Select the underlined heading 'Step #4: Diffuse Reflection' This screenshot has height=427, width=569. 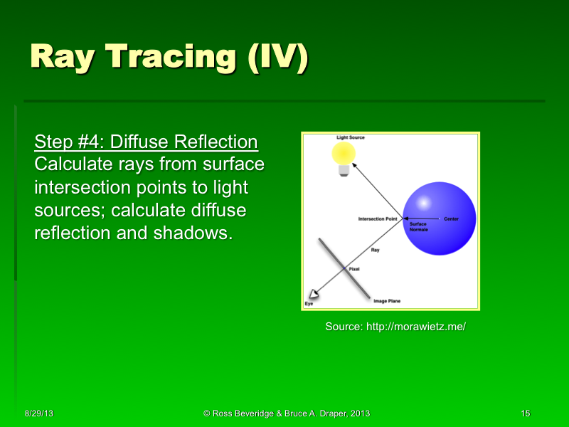click(x=146, y=142)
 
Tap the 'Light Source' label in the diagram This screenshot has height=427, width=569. click(x=351, y=137)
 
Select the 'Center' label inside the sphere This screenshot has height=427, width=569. click(x=452, y=218)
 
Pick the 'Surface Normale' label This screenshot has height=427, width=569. click(x=418, y=227)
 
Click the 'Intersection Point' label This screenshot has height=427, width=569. click(x=377, y=218)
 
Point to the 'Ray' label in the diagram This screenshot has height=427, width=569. click(x=376, y=250)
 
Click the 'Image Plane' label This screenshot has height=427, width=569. click(x=387, y=301)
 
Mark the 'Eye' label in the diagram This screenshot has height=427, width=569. click(x=309, y=304)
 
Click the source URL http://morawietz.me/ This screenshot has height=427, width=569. click(x=395, y=327)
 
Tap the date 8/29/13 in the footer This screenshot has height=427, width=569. click(x=38, y=413)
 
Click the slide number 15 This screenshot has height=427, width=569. click(x=526, y=413)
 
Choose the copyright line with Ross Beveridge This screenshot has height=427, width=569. click(x=286, y=413)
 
